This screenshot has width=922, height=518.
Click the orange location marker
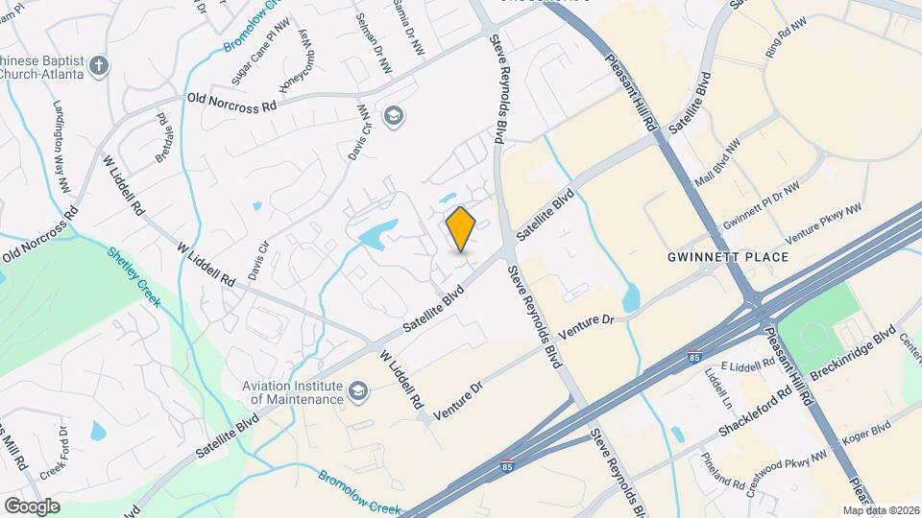pyautogui.click(x=461, y=229)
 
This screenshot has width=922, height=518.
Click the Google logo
pyautogui.click(x=31, y=506)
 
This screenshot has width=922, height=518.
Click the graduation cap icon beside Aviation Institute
pyautogui.click(x=358, y=391)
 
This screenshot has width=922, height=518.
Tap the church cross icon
pyautogui.click(x=99, y=66)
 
